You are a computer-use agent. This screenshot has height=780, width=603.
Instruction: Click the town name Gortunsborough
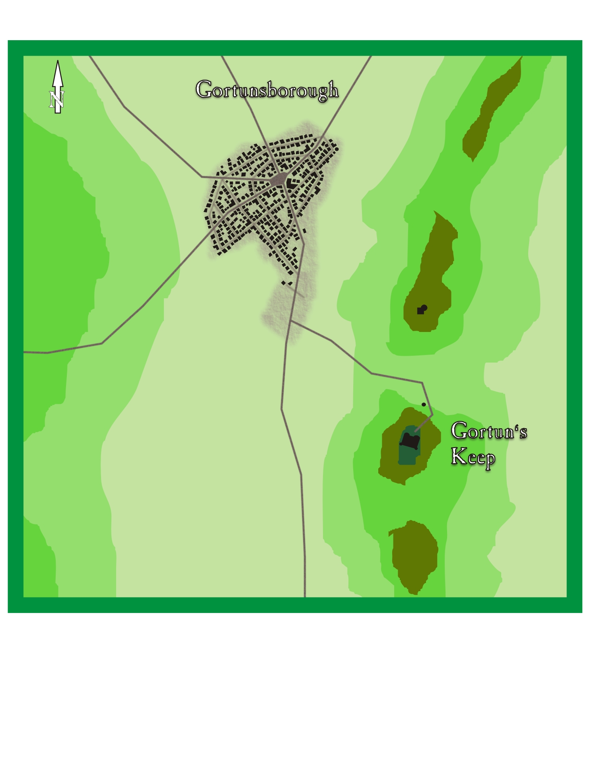pos(266,90)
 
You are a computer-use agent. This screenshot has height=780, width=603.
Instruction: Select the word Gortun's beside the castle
pos(488,431)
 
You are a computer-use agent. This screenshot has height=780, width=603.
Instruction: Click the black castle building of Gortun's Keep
pos(410,441)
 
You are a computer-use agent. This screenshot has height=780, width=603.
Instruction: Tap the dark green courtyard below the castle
pos(407,456)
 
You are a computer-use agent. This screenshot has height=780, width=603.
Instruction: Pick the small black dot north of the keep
pos(424,404)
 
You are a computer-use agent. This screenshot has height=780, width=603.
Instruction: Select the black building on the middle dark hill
pos(422,309)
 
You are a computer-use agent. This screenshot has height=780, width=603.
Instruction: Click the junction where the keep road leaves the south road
pos(291,321)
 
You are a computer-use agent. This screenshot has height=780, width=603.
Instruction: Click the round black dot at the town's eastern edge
pos(337,149)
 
